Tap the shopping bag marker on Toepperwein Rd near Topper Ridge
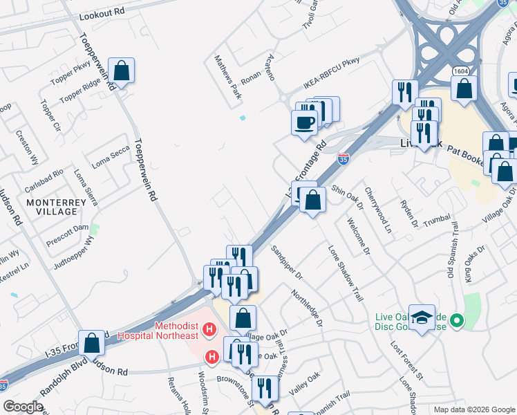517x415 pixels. click(x=121, y=71)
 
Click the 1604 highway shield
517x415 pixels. click(x=462, y=71)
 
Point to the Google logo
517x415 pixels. click(x=23, y=407)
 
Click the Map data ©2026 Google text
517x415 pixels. click(x=474, y=409)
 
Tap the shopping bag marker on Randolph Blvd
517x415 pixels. click(x=91, y=343)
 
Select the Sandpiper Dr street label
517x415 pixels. click(x=287, y=263)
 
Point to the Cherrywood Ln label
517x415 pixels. click(x=379, y=210)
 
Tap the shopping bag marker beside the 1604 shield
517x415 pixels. click(x=464, y=89)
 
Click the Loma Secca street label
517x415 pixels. click(x=111, y=160)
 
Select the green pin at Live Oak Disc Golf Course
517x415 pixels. click(x=456, y=321)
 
